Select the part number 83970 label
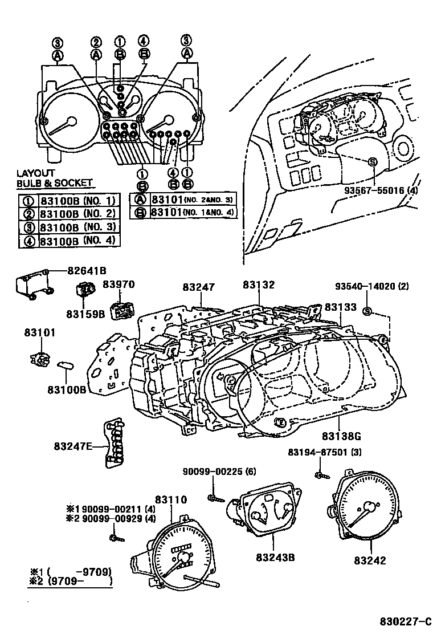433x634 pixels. click(x=119, y=283)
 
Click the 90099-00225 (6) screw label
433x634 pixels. click(x=220, y=472)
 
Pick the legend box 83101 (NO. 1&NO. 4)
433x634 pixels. click(x=183, y=212)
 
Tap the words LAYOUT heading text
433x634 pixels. click(x=36, y=173)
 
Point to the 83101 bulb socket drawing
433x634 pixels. click(x=38, y=359)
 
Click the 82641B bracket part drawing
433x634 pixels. click(x=32, y=283)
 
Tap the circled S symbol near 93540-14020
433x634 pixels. click(x=367, y=311)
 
